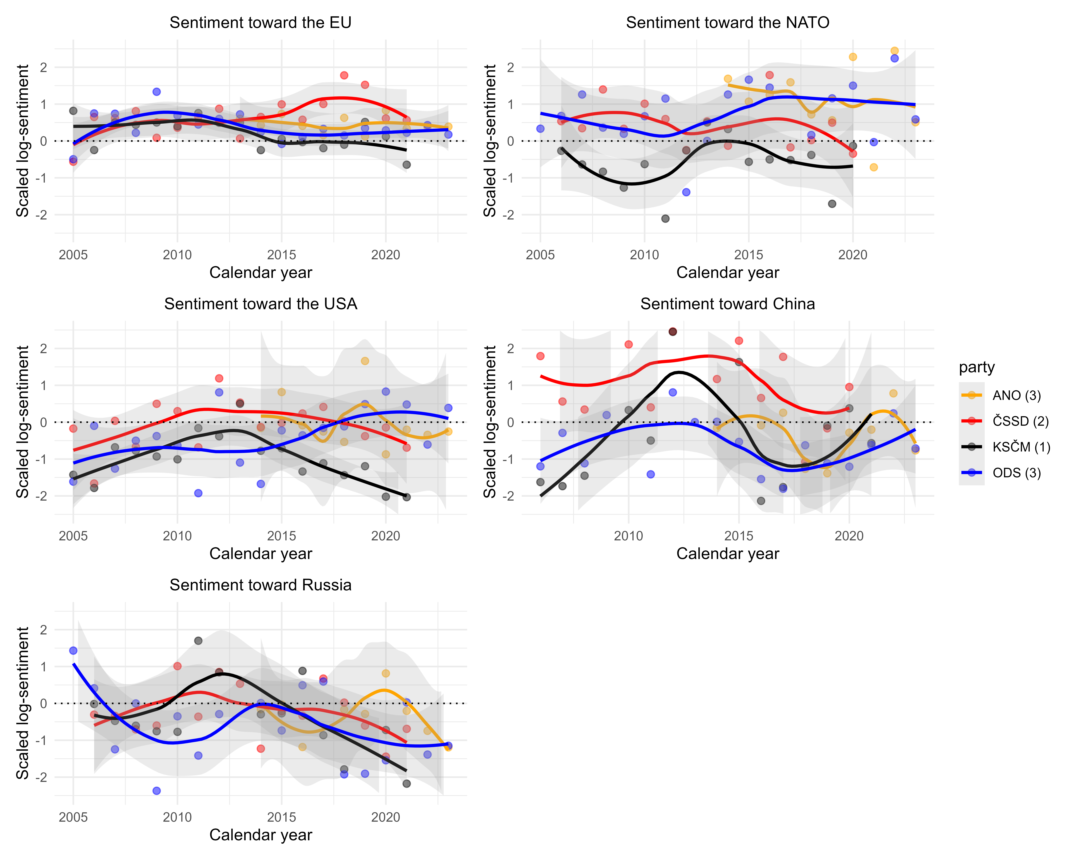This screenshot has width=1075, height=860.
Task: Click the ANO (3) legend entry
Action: pos(1016,395)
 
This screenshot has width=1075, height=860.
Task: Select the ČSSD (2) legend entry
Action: pos(1020,421)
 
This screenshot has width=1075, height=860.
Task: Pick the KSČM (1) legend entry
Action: pos(1021,447)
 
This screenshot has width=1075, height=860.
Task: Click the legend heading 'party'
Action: pos(976,367)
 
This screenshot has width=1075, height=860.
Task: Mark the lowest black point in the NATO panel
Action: pos(665,218)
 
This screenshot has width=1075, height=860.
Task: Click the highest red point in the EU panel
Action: pos(344,75)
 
